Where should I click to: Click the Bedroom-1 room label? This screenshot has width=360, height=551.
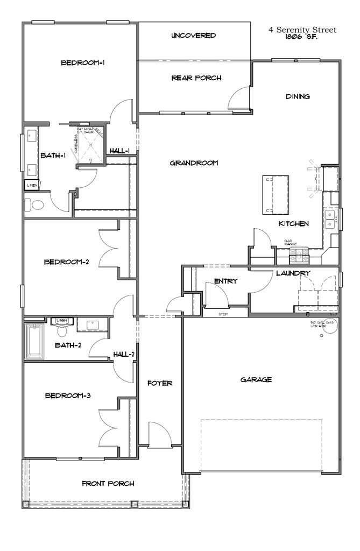coord(82,63)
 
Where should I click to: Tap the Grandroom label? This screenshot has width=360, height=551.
coord(194,163)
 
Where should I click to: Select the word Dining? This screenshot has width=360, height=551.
coord(298,97)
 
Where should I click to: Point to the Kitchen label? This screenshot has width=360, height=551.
coord(293,223)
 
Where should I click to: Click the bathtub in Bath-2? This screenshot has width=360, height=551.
coord(36,341)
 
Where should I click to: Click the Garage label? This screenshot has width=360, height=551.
coord(256,379)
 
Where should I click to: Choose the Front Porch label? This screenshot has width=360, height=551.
coord(108,483)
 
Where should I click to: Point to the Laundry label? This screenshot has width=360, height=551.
coord(293,273)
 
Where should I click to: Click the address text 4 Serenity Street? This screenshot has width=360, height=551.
coord(302,30)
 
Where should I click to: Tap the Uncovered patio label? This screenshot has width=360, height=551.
coord(194,36)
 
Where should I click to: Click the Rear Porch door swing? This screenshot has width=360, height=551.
coord(239,97)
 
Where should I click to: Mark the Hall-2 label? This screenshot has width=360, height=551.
coord(124,354)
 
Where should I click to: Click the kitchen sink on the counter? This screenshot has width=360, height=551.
coord(329,218)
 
